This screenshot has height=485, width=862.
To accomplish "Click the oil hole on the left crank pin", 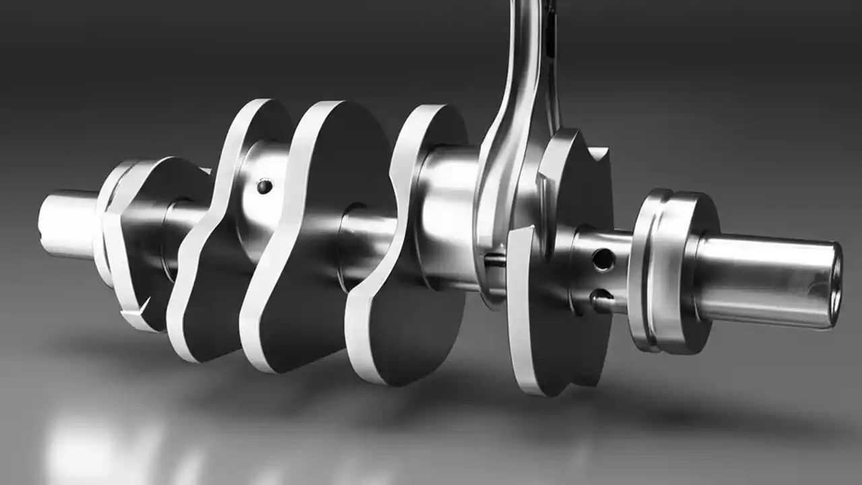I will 265,186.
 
